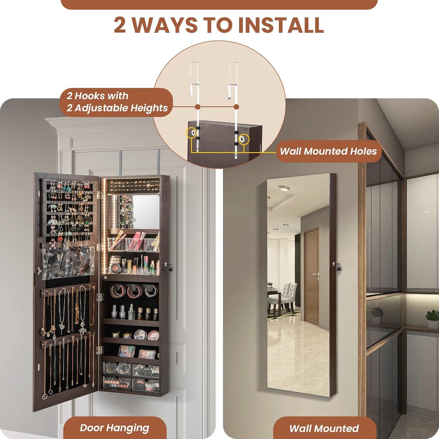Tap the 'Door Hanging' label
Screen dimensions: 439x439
click(114, 428)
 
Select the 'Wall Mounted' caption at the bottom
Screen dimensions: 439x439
click(324, 428)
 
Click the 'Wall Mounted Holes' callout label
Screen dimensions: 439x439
click(328, 151)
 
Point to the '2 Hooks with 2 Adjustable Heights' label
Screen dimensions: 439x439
click(117, 102)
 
